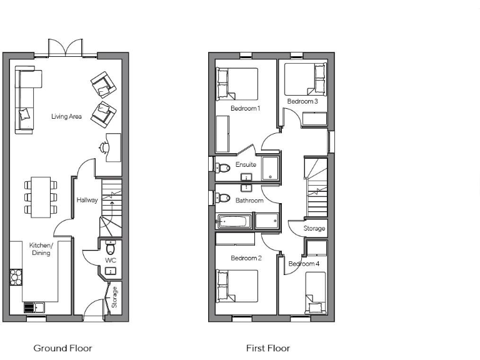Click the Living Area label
pos(66,116)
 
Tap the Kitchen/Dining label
pos(42,249)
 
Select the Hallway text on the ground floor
pos(87,200)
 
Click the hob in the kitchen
pos(16,276)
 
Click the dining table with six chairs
pos(41,197)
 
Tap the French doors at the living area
pos(66,48)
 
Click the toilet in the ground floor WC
pos(111,245)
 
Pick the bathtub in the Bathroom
pos(234,221)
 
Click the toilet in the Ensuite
pos(223,167)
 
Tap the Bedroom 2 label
pos(246,258)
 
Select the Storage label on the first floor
pos(314,229)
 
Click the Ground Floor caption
pos(62,348)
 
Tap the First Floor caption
pos(268,348)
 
